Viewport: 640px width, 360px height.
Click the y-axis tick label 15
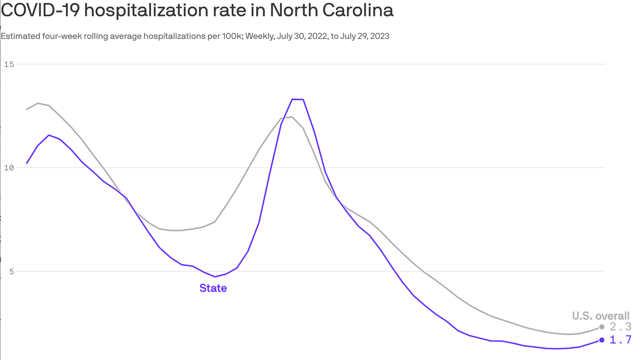(x=8, y=64)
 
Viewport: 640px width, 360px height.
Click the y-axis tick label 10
(x=8, y=168)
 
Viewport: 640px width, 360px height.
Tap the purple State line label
(x=213, y=288)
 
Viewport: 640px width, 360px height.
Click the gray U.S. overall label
(x=601, y=316)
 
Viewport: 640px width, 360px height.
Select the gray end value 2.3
(x=620, y=327)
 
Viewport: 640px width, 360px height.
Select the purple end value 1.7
(x=620, y=340)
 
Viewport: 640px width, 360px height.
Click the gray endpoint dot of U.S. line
(x=602, y=327)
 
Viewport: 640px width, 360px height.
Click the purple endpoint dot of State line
(x=602, y=340)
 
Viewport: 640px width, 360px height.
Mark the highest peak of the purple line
(x=298, y=99)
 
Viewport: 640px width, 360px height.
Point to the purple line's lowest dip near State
(x=215, y=277)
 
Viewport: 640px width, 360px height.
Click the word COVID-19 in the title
(x=40, y=10)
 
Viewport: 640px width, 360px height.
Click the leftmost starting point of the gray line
(x=27, y=109)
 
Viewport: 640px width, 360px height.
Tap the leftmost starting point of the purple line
(x=27, y=163)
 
